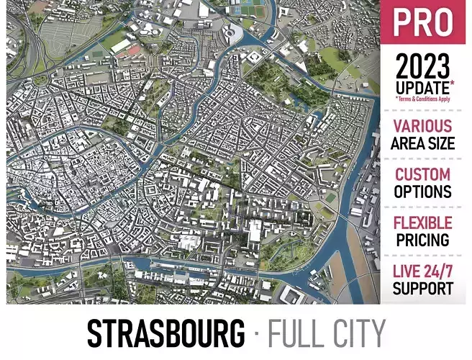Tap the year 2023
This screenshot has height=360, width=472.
422,68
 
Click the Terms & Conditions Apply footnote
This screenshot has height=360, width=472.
422,99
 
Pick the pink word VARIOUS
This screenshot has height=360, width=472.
423,127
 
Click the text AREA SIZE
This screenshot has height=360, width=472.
423,143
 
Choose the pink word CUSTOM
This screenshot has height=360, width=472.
423,175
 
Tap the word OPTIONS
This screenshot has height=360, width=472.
423,192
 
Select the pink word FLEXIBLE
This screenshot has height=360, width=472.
423,222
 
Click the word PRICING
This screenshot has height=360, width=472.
423,239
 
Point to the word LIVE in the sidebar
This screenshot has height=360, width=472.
407,271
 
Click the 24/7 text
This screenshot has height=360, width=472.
438,271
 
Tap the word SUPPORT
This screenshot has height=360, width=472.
423,288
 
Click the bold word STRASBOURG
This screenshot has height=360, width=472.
165,333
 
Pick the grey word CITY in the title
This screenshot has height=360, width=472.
356,333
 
